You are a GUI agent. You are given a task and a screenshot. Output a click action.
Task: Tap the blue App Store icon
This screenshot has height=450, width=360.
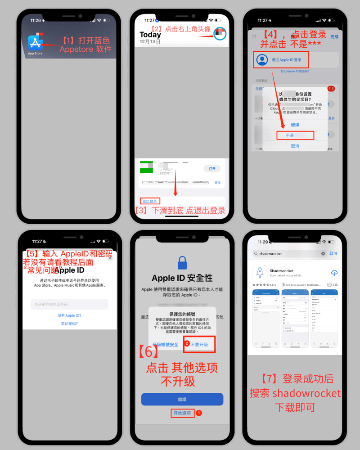click(x=35, y=43)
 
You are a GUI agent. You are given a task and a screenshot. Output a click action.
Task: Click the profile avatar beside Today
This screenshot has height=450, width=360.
click(x=220, y=34)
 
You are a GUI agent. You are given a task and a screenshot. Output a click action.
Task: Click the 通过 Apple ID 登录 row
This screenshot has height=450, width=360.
click(x=286, y=59)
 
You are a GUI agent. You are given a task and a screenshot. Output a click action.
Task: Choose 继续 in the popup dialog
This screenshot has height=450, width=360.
click(x=295, y=125)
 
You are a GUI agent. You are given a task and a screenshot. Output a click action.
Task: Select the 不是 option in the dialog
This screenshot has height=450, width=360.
click(x=295, y=135)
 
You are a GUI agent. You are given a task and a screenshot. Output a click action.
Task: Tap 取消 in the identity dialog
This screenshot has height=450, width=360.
click(x=295, y=146)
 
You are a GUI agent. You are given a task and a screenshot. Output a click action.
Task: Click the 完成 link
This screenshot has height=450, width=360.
click(x=334, y=36)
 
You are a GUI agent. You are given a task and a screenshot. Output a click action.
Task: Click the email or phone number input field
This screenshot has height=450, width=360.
click(x=69, y=304)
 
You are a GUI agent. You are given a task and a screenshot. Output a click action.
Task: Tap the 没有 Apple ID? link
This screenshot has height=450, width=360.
click(x=69, y=315)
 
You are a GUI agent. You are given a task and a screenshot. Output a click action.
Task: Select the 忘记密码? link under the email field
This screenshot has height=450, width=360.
click(x=69, y=324)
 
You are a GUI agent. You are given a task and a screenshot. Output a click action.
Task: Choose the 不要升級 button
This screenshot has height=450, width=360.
click(x=199, y=344)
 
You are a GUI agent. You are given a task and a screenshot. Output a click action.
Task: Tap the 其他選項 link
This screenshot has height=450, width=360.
click(x=182, y=413)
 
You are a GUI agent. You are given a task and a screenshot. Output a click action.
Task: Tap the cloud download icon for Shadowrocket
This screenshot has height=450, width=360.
click(x=334, y=273)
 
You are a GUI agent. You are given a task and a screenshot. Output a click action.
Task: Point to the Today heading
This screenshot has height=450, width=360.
click(x=150, y=35)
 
